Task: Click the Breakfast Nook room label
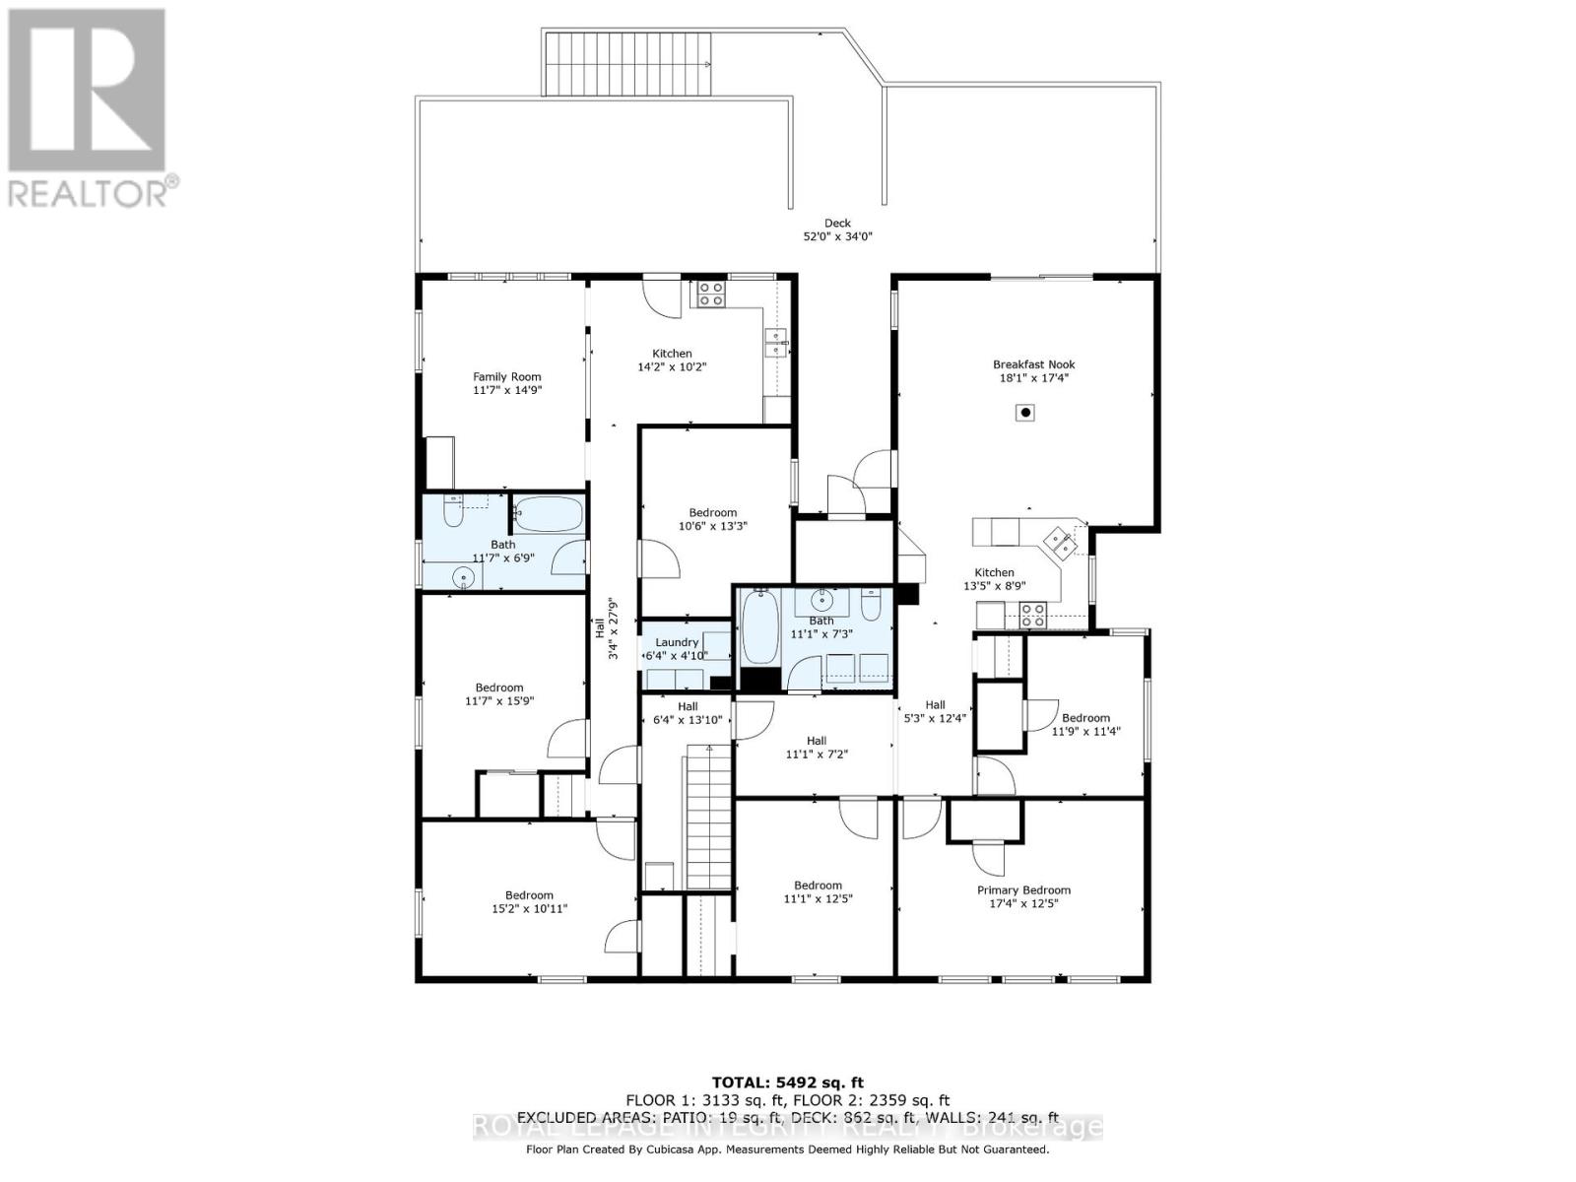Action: pos(1032,370)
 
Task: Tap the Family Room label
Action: pos(506,383)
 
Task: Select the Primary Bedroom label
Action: pos(1023,896)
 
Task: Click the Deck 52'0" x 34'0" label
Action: pos(837,230)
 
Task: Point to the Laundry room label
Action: pos(677,648)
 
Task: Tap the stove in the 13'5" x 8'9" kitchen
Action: pos(1031,616)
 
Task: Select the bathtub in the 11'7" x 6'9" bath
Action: pos(548,513)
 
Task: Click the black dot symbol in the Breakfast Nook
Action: pos(1025,413)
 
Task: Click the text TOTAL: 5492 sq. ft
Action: pos(788,1083)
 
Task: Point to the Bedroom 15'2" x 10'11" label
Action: pos(529,902)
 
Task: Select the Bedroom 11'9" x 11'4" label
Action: pos(1085,724)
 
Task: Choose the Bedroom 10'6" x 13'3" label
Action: pos(712,519)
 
